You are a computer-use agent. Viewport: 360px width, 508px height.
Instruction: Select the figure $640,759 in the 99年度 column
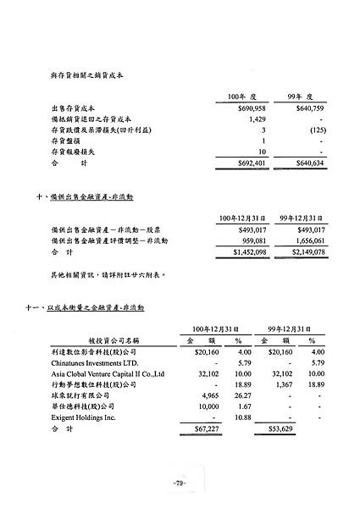tap(307, 109)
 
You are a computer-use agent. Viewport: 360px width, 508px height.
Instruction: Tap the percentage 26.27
tap(244, 395)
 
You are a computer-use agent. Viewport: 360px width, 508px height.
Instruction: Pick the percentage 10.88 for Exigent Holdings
tap(244, 417)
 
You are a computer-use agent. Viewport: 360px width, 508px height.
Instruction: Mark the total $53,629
tap(276, 430)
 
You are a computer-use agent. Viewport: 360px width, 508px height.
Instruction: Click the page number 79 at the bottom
tap(180, 483)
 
